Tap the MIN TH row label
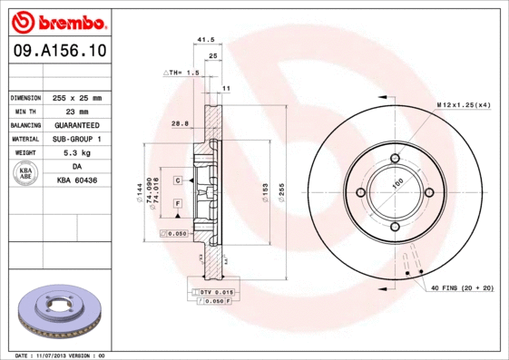24,111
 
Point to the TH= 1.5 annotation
181,72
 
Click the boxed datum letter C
178,180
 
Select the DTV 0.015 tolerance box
214,292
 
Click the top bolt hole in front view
395,160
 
